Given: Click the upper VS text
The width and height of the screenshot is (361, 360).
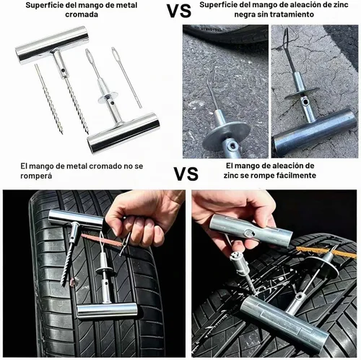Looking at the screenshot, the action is click(179, 11).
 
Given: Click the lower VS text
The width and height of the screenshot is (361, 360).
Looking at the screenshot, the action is click(186, 173).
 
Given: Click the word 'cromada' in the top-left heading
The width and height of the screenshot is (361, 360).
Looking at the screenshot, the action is click(82, 14).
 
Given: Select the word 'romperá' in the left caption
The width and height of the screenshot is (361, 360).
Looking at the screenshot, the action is click(36, 176).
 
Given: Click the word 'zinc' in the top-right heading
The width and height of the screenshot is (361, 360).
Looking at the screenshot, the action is click(339, 4).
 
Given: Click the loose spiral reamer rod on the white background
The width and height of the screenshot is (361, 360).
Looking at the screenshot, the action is click(49, 99).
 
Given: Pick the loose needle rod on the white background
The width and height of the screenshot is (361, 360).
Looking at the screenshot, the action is click(126, 77).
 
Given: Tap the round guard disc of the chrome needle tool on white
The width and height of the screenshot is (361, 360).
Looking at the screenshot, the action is click(108, 97).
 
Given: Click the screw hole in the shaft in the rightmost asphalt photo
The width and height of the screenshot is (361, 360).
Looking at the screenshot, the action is click(306, 102).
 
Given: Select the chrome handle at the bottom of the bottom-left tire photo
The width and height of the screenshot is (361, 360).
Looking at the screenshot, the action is click(107, 311).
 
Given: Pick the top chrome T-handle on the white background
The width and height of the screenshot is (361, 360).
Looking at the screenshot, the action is click(52, 45).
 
